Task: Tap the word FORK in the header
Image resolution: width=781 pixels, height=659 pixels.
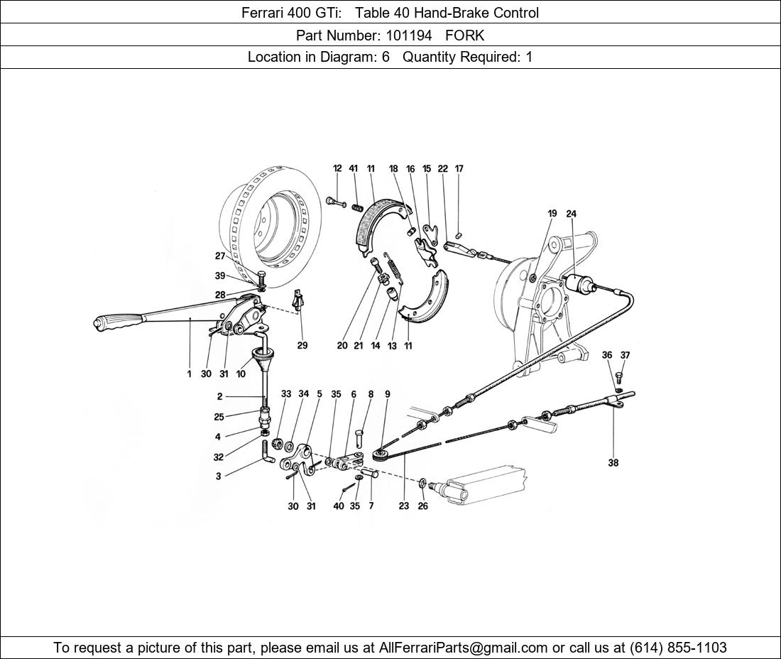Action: coord(465,36)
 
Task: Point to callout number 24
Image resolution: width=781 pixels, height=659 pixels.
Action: coord(571,214)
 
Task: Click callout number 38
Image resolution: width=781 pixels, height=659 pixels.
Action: coord(613,462)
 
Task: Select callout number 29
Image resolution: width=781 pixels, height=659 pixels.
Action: coord(302,345)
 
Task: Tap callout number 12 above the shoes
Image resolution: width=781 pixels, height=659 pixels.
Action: coord(338,168)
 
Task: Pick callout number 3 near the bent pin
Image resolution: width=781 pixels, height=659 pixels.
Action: coord(218,476)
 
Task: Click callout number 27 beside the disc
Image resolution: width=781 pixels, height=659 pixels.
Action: coord(220,256)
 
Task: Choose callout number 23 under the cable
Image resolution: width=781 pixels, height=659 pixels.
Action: coord(404,506)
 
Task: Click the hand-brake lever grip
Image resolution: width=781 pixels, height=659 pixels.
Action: coord(116,323)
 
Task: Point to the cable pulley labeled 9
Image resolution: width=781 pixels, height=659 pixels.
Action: coord(381,455)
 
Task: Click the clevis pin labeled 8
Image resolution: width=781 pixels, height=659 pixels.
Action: coord(361,439)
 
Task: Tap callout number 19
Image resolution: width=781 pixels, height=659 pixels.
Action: coord(552,214)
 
